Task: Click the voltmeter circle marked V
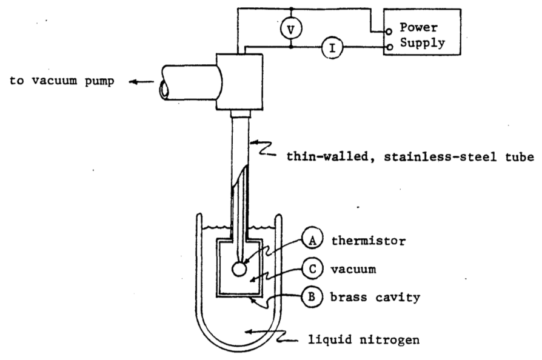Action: pyautogui.click(x=291, y=29)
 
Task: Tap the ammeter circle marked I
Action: pyautogui.click(x=332, y=47)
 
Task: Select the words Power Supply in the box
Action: pyautogui.click(x=422, y=35)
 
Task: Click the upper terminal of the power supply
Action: pyautogui.click(x=389, y=32)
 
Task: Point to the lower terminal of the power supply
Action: pyautogui.click(x=389, y=47)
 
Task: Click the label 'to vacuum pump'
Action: pyautogui.click(x=62, y=81)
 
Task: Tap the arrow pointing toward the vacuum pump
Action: pyautogui.click(x=141, y=82)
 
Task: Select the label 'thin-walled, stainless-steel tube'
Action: pyautogui.click(x=410, y=157)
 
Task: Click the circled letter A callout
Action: pyautogui.click(x=312, y=240)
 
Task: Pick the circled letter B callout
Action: pyautogui.click(x=312, y=297)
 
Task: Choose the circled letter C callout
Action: pyautogui.click(x=312, y=268)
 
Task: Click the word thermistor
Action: pyautogui.click(x=369, y=241)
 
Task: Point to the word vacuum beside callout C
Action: pyautogui.click(x=353, y=269)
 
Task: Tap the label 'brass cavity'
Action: pyautogui.click(x=375, y=297)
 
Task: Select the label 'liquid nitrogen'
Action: pyautogui.click(x=364, y=339)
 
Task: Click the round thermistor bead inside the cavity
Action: pyautogui.click(x=239, y=269)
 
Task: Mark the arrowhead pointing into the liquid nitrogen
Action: pyautogui.click(x=247, y=332)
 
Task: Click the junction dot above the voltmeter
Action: pyautogui.click(x=291, y=8)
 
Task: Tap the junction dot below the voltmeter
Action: pyautogui.click(x=291, y=46)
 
